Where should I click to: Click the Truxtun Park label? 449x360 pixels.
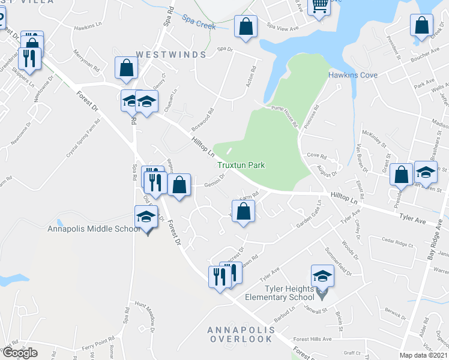coord(241,165)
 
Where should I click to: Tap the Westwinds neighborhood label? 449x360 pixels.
coord(171,55)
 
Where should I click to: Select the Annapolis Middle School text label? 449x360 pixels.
coord(94,229)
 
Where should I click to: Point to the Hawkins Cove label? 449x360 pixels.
coord(352,75)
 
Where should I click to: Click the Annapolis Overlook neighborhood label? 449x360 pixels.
coord(240,335)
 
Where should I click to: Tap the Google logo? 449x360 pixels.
coord(20,353)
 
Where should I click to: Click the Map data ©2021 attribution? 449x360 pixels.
coord(424,355)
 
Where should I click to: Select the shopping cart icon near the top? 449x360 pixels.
coord(320,6)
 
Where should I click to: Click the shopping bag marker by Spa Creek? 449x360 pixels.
coord(246,27)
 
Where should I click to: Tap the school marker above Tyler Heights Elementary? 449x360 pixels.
coord(322,277)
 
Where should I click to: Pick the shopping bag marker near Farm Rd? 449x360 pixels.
coord(243,211)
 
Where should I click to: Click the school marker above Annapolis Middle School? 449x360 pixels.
coord(146,217)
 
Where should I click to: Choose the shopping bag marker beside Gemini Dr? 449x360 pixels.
coord(179,185)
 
